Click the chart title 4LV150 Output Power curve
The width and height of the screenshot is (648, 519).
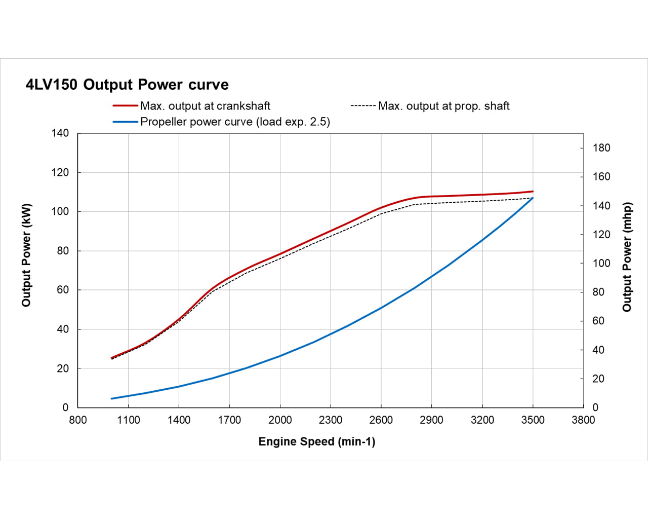(x=127, y=85)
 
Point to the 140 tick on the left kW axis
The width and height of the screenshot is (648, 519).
(x=60, y=133)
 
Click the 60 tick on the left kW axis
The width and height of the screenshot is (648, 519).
(x=62, y=290)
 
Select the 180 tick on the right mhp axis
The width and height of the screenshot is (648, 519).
(x=601, y=148)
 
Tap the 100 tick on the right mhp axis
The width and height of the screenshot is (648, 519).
(x=601, y=264)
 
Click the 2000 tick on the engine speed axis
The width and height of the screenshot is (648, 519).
(x=280, y=420)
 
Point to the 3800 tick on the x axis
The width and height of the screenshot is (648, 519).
(x=583, y=420)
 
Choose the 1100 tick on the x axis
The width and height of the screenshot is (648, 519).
(x=128, y=420)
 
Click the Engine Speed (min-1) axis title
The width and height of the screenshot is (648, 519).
(x=317, y=441)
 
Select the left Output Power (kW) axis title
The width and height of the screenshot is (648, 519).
(x=26, y=255)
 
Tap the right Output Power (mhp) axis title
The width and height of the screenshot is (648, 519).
(x=627, y=257)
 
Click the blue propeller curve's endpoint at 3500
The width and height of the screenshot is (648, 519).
(x=533, y=198)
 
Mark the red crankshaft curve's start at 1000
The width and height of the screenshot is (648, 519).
(x=111, y=358)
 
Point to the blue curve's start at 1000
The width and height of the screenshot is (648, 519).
(x=111, y=398)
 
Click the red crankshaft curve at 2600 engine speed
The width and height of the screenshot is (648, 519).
(x=381, y=208)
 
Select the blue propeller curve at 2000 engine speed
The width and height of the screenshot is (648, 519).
(x=280, y=356)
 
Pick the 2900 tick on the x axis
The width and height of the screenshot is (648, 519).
(x=431, y=420)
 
